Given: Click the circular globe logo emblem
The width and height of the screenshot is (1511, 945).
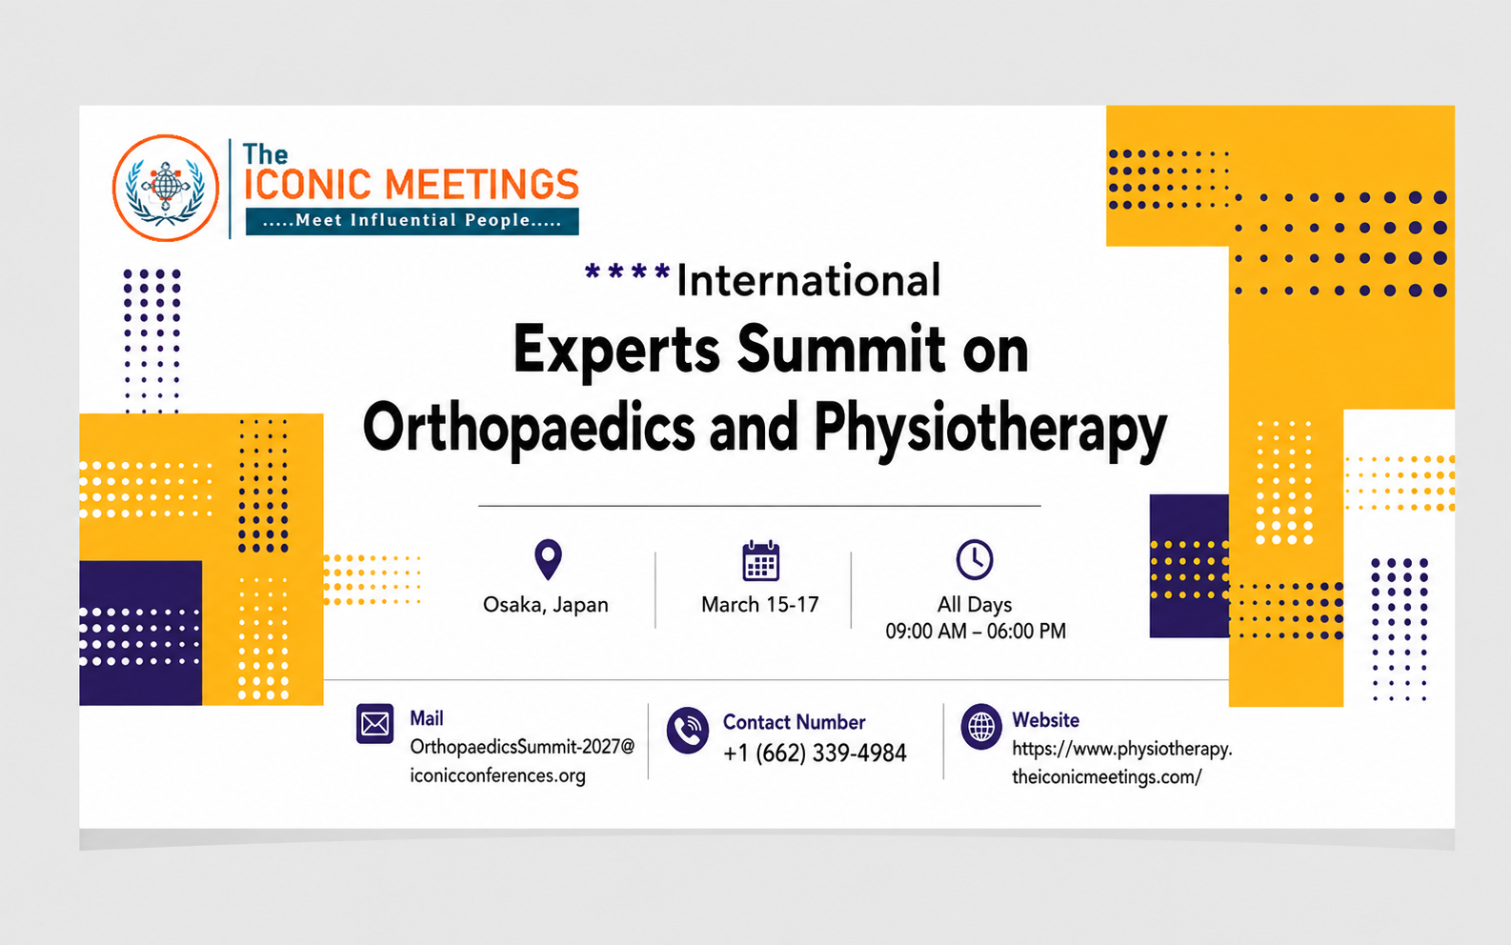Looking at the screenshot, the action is [x=166, y=189].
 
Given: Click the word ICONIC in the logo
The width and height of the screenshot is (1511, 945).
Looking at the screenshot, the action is [x=308, y=185].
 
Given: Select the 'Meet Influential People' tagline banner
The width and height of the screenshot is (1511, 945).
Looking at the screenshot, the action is [x=413, y=221].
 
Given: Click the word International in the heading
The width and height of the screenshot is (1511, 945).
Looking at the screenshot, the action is [x=808, y=280].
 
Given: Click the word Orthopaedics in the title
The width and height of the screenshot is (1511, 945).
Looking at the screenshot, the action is [x=528, y=428].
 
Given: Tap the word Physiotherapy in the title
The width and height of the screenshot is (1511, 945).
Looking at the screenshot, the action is [x=990, y=428].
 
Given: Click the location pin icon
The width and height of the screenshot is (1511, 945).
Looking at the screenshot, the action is [x=548, y=559].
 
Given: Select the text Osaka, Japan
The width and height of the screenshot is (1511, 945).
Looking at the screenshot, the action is [x=546, y=604].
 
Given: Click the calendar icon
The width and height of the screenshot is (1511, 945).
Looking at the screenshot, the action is [x=761, y=560].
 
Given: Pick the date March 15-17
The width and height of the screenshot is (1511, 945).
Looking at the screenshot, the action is [x=760, y=604].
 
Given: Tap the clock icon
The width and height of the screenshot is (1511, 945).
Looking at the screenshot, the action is [x=974, y=559].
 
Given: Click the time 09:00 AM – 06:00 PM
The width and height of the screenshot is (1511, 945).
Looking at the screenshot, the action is [x=976, y=632].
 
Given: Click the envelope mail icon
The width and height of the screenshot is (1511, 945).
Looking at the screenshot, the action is [x=375, y=724].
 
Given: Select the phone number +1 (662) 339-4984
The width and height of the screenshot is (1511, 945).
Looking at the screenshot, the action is [x=815, y=753].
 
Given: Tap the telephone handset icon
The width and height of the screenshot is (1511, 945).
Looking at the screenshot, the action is [x=687, y=730].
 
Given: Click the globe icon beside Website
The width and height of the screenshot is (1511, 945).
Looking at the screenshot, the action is [x=981, y=727].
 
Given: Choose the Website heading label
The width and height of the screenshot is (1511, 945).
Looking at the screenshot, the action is [x=1045, y=720].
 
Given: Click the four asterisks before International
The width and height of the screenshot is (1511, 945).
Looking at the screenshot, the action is [x=627, y=271].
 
